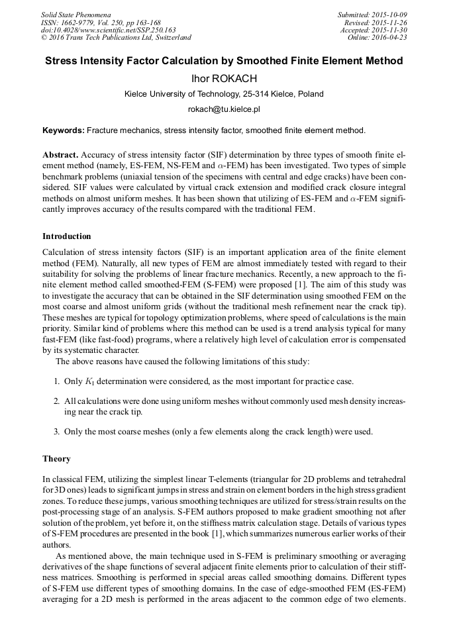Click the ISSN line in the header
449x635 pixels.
coord(100,23)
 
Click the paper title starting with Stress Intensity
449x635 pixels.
coord(224,61)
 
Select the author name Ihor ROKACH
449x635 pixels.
coord(224,78)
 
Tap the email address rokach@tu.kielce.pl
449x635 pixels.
coord(224,109)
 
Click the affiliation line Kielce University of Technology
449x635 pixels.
coord(224,94)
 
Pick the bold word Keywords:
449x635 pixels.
coord(64,130)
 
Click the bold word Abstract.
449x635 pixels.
coord(60,153)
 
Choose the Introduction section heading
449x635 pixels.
coord(67,236)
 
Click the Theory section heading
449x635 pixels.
coord(56,459)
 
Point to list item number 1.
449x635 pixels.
coord(57,381)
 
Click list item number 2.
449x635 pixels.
coord(57,401)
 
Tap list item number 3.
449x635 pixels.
coord(57,432)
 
